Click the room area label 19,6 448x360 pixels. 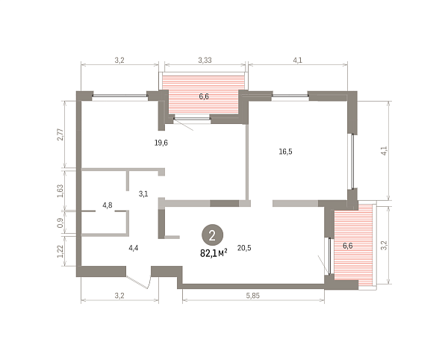(161, 143)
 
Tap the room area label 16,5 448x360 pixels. (285, 152)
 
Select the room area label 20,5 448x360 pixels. (244, 248)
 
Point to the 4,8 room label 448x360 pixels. (108, 205)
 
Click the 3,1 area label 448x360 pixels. (143, 194)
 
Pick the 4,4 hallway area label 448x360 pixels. (134, 248)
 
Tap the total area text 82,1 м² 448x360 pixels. (214, 253)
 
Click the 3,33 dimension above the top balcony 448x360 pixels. (205, 60)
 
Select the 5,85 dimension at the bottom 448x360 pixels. (253, 296)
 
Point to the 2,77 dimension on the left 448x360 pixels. (60, 134)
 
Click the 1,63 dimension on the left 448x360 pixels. (60, 191)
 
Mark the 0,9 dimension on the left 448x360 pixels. (60, 223)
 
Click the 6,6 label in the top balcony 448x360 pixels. (204, 96)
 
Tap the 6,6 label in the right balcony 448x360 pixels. (348, 246)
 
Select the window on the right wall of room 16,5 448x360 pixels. (352, 161)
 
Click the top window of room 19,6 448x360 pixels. (119, 96)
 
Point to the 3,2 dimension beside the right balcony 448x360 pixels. (385, 246)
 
